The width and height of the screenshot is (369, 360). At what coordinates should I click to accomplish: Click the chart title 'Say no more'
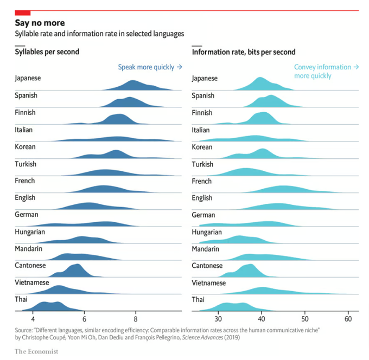40,23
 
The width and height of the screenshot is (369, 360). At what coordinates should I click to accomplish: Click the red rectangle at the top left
22,12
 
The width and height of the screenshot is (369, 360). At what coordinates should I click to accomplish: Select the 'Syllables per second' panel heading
47,52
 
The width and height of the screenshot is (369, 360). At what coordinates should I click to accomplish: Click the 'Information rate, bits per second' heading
244,52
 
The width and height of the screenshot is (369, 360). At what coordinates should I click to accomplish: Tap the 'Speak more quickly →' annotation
150,67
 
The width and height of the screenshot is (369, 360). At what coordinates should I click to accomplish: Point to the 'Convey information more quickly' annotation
326,72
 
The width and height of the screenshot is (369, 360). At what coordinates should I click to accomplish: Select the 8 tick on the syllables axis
136,319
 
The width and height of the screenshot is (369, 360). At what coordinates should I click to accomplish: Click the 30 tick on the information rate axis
218,319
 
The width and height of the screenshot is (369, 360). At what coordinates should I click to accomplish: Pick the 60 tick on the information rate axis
348,319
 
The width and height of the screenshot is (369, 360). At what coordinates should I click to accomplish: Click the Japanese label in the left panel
28,78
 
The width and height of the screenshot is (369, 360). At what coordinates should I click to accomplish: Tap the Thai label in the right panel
199,299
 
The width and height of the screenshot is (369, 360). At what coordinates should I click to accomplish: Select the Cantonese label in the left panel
30,266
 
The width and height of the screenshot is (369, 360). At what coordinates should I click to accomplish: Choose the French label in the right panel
202,181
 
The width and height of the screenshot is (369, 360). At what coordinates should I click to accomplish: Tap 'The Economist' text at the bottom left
36,352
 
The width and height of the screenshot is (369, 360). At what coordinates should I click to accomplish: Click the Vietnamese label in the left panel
32,282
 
